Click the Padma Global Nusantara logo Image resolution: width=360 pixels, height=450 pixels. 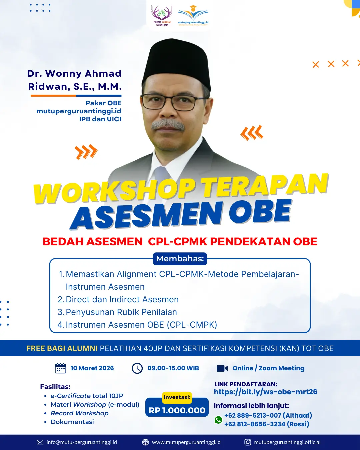(x=162, y=15)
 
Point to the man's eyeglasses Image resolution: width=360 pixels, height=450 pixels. (x=174, y=102)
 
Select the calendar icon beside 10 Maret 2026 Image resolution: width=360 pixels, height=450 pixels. (x=60, y=368)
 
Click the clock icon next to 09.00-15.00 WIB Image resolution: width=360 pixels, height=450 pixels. (x=137, y=368)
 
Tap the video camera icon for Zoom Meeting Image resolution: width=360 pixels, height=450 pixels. (x=222, y=368)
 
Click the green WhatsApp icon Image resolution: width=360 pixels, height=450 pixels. (x=218, y=420)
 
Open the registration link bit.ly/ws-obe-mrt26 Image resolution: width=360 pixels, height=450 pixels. (x=265, y=392)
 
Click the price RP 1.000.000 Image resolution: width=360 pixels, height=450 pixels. (x=177, y=410)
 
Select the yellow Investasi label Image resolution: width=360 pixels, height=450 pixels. (x=177, y=397)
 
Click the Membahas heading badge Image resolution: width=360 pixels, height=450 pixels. (x=180, y=259)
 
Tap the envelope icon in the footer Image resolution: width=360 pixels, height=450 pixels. (x=40, y=442)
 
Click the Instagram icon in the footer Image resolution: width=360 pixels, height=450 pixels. (x=248, y=442)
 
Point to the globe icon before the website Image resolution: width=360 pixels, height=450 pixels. (x=145, y=442)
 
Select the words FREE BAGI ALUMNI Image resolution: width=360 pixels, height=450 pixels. (x=62, y=348)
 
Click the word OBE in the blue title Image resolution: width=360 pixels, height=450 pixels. (x=260, y=212)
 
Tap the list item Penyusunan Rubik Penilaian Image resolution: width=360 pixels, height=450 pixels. (x=121, y=312)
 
